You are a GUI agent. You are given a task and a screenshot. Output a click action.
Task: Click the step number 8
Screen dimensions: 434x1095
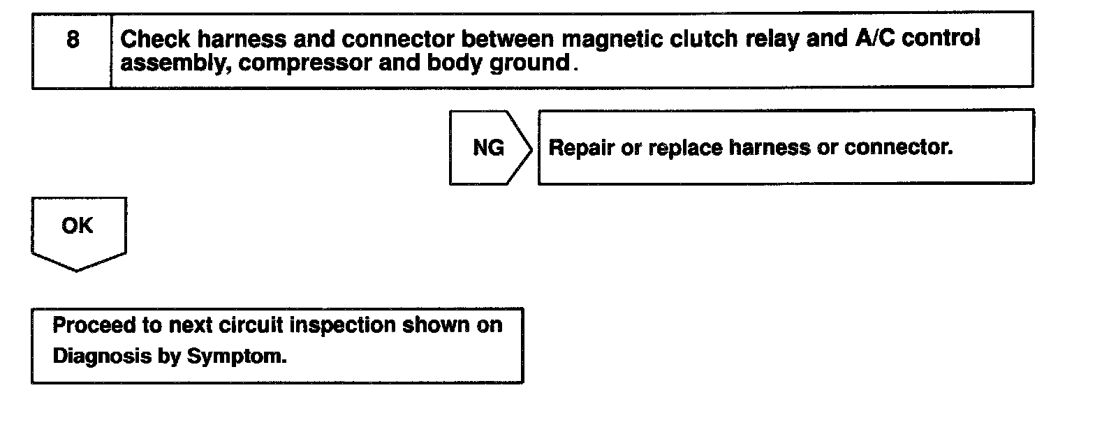point(73,39)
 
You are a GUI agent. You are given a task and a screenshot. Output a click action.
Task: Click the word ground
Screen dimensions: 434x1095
point(535,63)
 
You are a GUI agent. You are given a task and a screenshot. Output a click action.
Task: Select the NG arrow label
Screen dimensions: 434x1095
point(488,148)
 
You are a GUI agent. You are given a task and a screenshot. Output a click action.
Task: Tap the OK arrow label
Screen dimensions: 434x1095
point(77,226)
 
